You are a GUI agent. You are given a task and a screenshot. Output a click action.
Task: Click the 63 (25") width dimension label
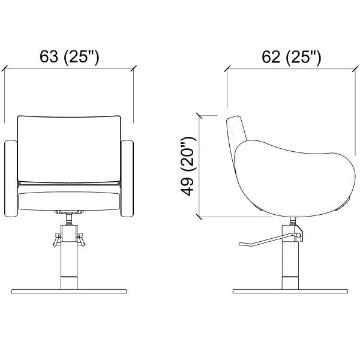click(70, 57)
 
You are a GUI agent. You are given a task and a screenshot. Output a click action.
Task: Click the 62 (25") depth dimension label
click(292, 57)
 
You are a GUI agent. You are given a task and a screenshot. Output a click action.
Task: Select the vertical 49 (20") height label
click(189, 166)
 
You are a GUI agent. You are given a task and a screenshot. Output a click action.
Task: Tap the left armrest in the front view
click(11, 178)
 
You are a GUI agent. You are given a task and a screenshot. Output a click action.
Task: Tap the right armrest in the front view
click(127, 178)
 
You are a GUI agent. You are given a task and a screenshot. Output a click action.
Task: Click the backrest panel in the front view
click(69, 149)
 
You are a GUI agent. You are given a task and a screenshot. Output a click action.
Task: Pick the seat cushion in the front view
click(69, 201)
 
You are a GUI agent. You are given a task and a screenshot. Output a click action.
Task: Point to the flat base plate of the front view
click(69, 291)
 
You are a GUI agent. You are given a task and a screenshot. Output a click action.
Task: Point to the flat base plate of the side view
click(290, 291)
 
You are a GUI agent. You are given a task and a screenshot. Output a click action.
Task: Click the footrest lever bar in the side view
click(269, 240)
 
